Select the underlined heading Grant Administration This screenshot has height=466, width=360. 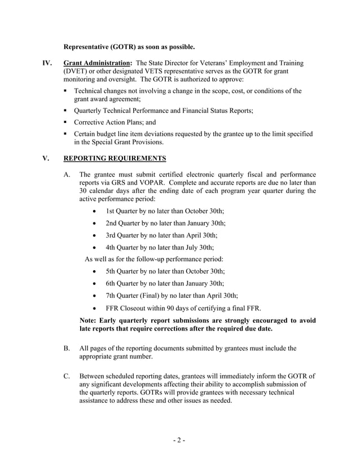point(98,63)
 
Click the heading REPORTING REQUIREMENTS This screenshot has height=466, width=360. point(115,159)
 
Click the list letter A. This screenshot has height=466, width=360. point(67,175)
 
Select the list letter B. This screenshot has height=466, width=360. point(67,349)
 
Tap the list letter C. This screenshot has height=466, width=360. point(67,376)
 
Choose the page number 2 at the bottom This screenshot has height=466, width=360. point(179,440)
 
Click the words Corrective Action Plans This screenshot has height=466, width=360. point(109,121)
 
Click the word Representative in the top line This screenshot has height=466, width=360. point(90,46)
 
